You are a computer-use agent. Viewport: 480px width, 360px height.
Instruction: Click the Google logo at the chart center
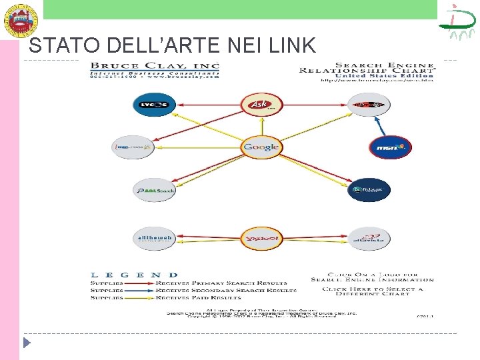tap(261, 147)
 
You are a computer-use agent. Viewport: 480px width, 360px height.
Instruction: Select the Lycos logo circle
tap(153, 105)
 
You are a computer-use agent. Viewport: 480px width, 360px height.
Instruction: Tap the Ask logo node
tap(261, 104)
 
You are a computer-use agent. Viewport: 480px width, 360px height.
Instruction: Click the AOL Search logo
tap(153, 190)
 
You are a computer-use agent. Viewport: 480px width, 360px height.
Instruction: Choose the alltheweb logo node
tap(153, 238)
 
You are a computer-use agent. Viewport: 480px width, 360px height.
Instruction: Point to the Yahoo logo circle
tap(261, 238)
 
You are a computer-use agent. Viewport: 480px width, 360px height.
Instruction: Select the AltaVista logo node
tap(369, 238)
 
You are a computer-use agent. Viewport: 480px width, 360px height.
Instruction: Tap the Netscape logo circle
tap(369, 190)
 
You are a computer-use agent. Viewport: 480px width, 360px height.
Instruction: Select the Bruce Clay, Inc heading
tap(155, 66)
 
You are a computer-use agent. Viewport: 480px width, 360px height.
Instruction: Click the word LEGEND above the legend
tap(134, 275)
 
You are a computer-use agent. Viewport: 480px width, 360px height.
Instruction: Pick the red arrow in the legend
tap(139, 283)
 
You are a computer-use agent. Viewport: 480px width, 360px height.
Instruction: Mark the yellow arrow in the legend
tap(139, 298)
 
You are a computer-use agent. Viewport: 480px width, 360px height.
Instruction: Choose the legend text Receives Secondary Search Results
tap(226, 291)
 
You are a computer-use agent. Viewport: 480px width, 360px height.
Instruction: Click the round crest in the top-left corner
tap(21, 19)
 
